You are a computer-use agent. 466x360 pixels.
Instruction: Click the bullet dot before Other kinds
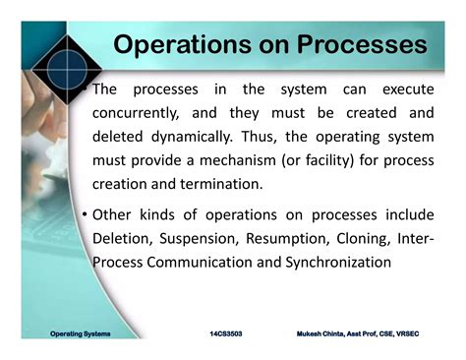86,215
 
